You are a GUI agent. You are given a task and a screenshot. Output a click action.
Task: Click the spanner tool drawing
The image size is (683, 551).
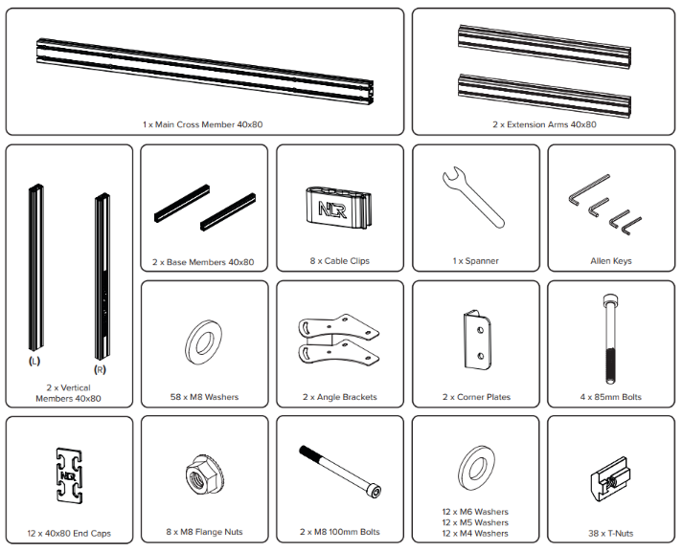pos(473,197)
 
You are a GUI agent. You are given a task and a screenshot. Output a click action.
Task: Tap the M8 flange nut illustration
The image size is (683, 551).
pos(204,475)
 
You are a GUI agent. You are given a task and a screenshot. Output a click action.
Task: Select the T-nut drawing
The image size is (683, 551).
pos(609,479)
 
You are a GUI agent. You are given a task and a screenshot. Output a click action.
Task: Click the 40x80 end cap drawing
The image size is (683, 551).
pos(69,475)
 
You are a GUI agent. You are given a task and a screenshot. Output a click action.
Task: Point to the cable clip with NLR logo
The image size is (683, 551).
pos(338,208)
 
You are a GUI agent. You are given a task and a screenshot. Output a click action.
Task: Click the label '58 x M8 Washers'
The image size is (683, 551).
pos(204,397)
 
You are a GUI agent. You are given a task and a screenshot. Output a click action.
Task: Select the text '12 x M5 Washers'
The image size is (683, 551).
pos(475,522)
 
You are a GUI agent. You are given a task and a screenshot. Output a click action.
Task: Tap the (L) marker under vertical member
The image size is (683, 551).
pos(34,361)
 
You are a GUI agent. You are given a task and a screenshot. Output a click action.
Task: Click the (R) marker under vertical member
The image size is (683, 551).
pos(101,369)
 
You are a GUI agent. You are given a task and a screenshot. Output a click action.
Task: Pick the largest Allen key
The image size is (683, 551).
pos(587,190)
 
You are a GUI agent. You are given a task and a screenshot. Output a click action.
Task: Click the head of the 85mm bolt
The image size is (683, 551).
pos(610,300)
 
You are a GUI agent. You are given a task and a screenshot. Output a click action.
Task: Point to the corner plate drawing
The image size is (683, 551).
pos(476,341)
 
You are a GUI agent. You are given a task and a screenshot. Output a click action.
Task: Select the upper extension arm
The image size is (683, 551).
pos(544,47)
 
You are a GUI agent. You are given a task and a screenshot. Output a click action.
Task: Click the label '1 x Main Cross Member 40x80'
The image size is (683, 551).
pos(202,124)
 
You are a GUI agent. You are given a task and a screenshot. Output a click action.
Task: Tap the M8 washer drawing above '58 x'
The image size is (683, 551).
pos(203,343)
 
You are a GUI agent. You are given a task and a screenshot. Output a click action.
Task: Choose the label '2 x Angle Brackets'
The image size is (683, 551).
pos(340,397)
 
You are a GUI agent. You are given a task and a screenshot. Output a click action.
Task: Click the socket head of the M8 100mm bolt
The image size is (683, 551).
pos(375,491)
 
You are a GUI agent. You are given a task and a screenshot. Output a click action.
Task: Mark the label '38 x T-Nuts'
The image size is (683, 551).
pos(611,534)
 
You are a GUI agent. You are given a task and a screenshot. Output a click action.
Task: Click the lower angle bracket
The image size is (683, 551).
pos(338,353)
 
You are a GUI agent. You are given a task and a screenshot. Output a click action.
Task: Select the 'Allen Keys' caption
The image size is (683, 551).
pos(611,261)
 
